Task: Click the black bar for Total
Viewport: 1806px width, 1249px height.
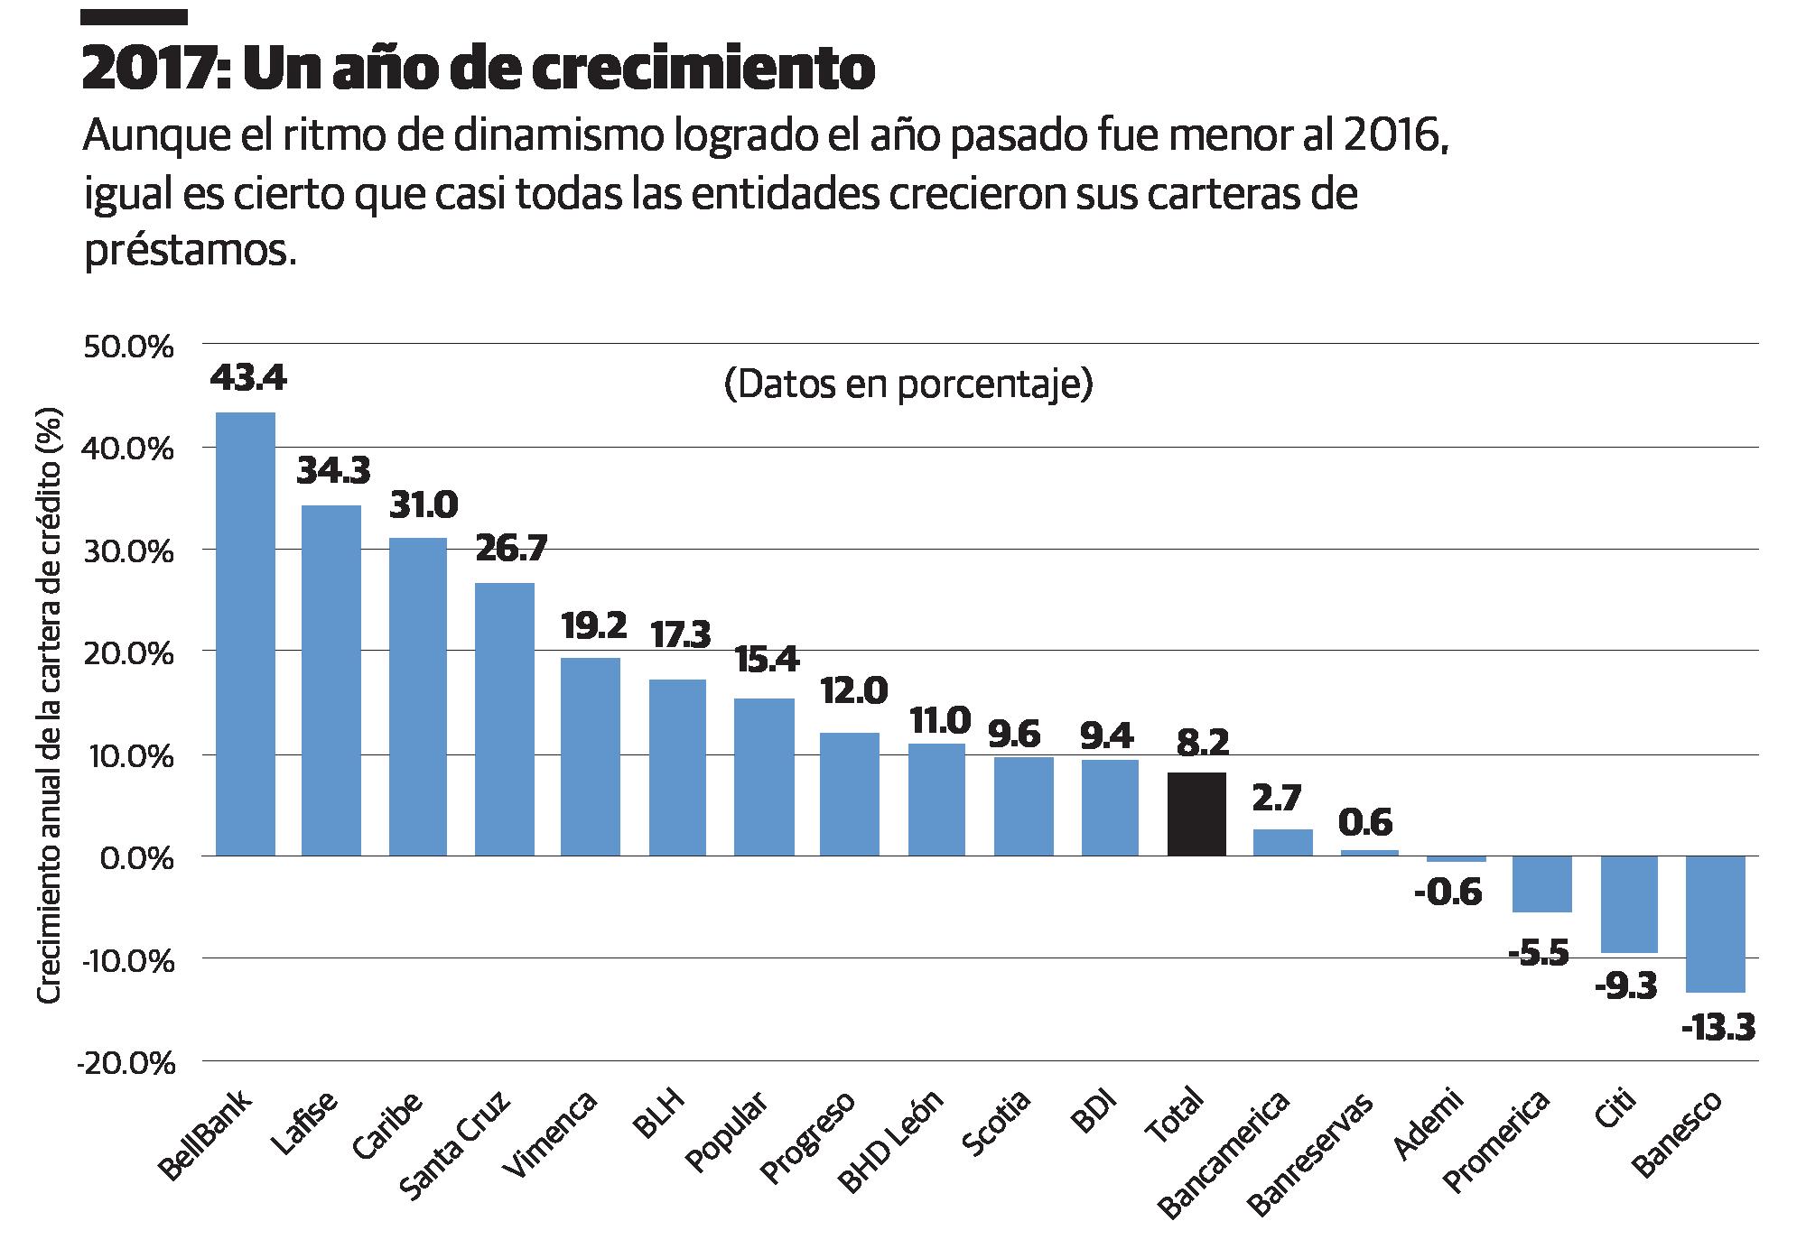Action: click(1196, 814)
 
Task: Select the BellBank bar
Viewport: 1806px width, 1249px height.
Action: click(246, 634)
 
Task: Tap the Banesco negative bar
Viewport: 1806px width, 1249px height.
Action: click(1716, 924)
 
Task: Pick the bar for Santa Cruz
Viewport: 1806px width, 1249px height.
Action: click(505, 719)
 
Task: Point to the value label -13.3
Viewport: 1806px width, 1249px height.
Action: click(1718, 1028)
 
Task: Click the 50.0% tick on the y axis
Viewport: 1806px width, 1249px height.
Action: click(127, 347)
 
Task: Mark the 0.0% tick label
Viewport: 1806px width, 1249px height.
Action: click(135, 858)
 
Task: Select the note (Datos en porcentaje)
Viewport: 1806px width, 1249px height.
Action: click(908, 385)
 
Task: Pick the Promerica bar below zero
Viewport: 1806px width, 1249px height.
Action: click(1542, 884)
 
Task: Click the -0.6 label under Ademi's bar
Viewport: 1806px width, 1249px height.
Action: click(1450, 893)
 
